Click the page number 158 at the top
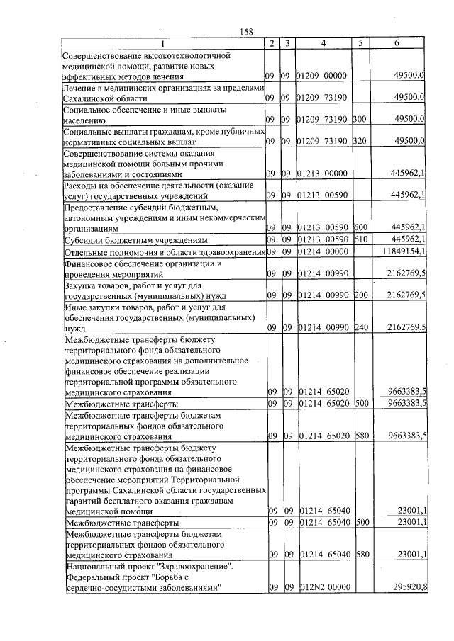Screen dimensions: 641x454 click(x=247, y=31)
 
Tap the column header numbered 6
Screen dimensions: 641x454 click(x=397, y=43)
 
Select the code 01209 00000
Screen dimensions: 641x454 click(x=321, y=75)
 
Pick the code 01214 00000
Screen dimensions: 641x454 click(x=321, y=251)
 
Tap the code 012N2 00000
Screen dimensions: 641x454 click(x=321, y=587)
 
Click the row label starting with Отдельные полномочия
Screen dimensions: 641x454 click(x=162, y=252)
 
